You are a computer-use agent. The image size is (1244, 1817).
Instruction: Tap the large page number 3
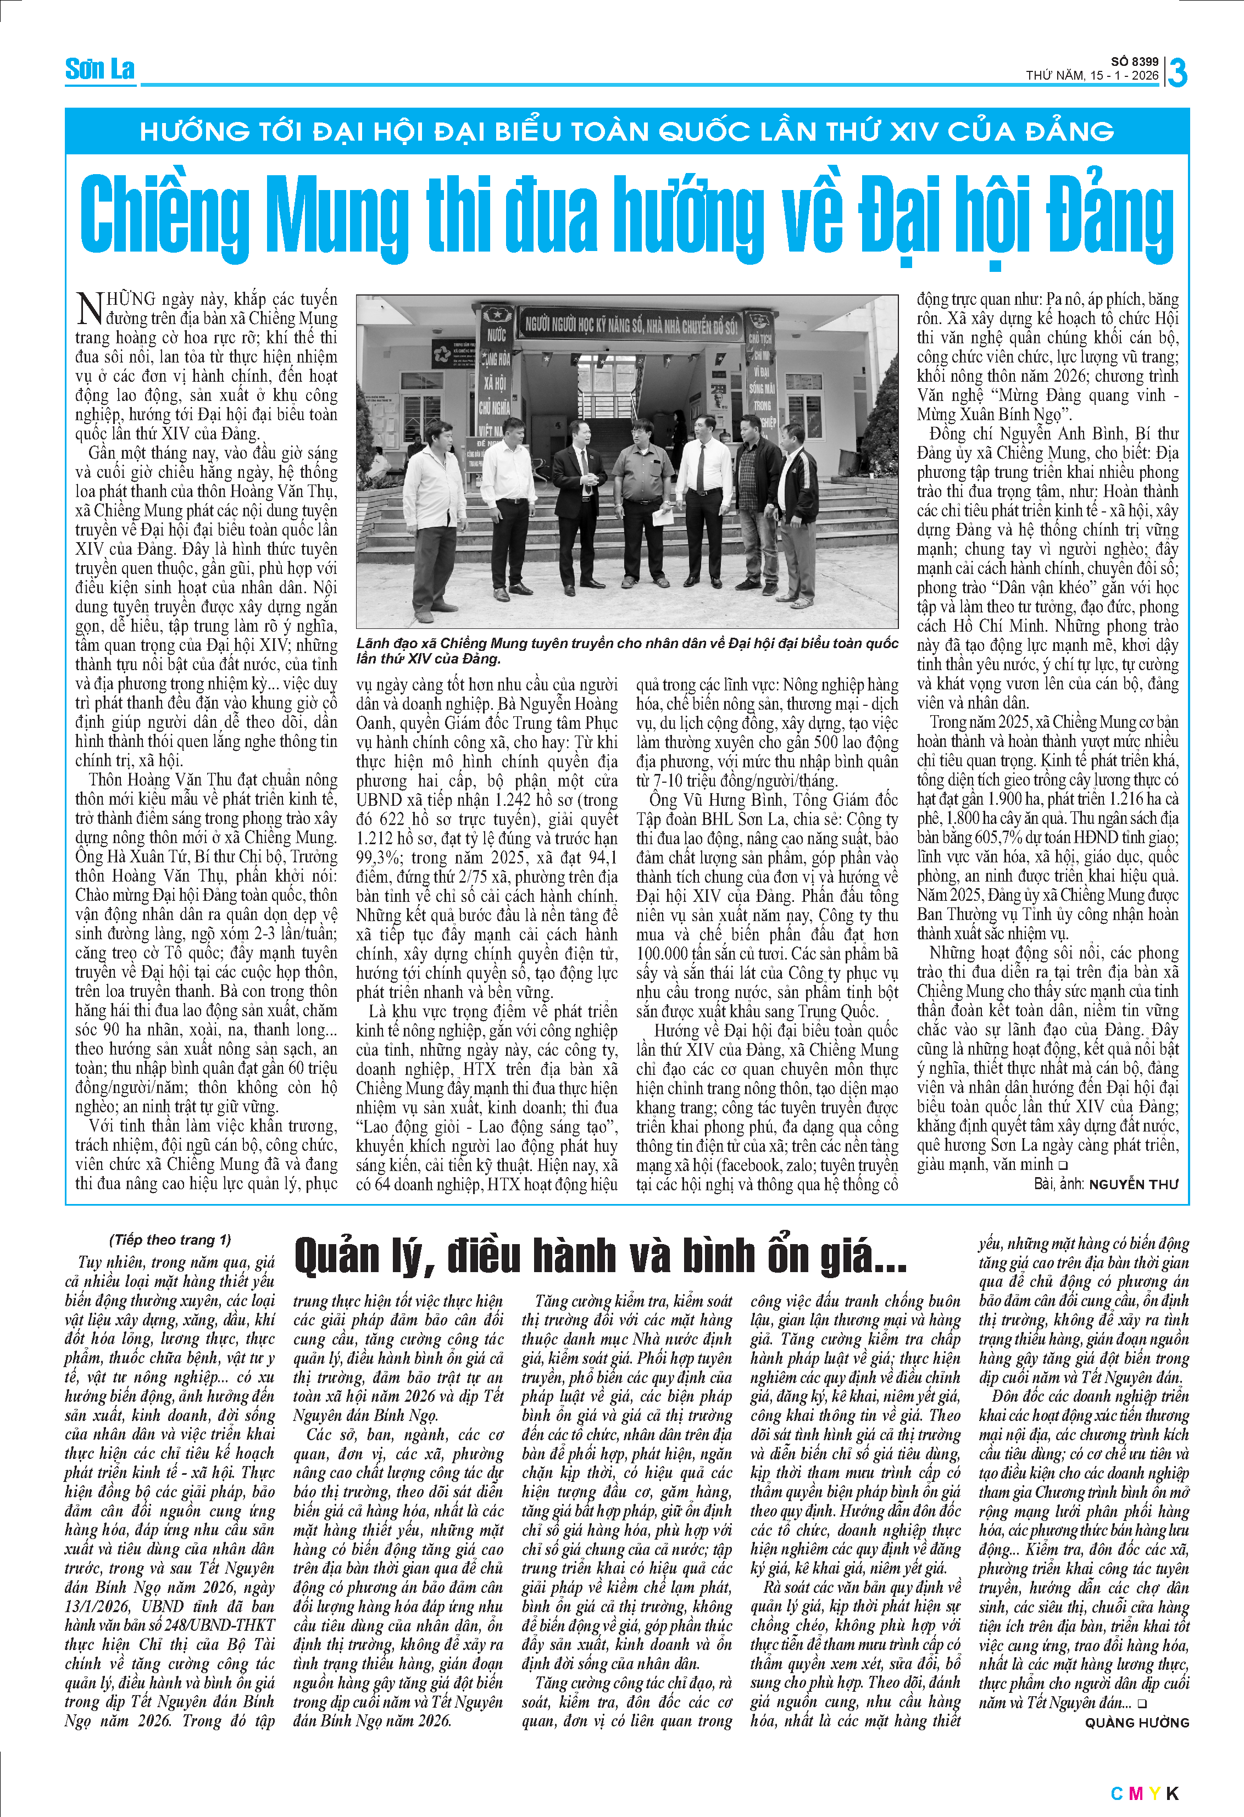1177,73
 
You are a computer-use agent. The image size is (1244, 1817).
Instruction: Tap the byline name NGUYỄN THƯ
1133,1184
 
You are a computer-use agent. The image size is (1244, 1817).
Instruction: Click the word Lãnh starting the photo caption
373,643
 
